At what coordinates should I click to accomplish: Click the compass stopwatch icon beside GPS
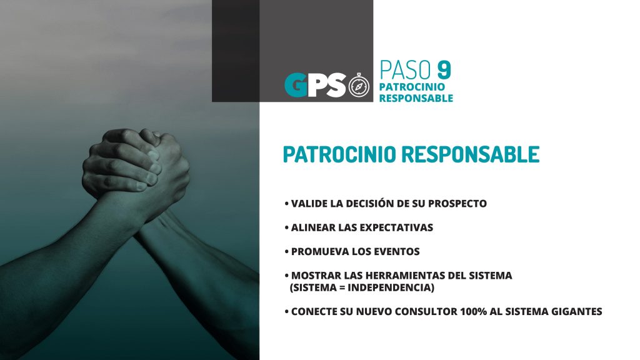tap(359, 85)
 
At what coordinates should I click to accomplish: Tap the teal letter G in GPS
tap(296, 85)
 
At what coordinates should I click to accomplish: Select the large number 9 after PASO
tap(444, 70)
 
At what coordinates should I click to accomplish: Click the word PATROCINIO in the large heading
tap(339, 154)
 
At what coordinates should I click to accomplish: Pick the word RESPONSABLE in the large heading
tap(470, 154)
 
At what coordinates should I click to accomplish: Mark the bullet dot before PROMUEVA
tap(286, 251)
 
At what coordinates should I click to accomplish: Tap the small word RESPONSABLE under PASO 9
tap(416, 98)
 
